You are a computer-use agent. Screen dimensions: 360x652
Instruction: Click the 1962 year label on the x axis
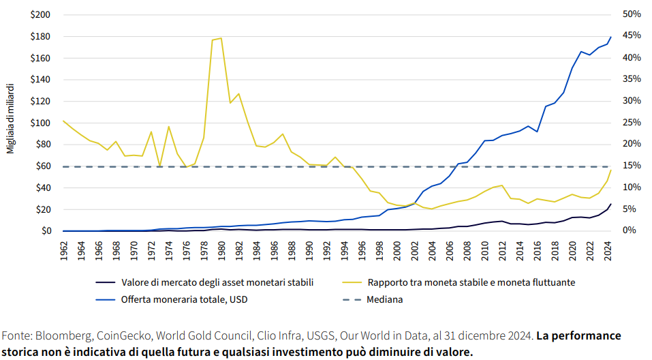click(x=63, y=249)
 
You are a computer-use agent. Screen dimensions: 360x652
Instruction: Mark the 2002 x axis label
click(x=415, y=249)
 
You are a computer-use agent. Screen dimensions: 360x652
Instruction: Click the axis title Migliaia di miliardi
click(x=11, y=119)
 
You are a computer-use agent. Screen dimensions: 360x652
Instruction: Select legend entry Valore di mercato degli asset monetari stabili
click(x=217, y=282)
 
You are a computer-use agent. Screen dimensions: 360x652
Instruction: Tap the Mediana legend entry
click(x=386, y=299)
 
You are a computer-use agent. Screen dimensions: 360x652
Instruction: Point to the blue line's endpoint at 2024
click(x=611, y=37)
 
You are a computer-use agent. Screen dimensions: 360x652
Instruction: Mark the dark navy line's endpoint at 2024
click(x=611, y=204)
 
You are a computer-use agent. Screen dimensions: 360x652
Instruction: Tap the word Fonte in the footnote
click(x=16, y=336)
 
